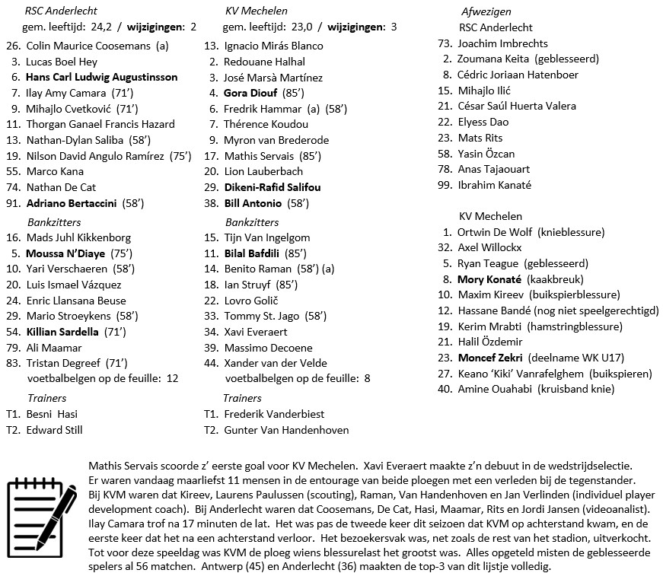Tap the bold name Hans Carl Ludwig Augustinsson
coord(101,77)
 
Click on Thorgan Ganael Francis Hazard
coord(100,124)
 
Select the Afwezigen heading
coord(486,11)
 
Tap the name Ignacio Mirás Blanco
coord(274,46)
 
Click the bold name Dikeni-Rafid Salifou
coord(273,187)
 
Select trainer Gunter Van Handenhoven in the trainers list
coord(286,430)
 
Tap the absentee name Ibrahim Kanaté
coord(494,185)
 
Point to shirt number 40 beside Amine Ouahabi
coord(445,389)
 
